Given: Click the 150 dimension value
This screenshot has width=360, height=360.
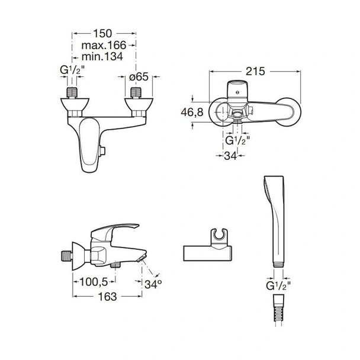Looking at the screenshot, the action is [102, 34].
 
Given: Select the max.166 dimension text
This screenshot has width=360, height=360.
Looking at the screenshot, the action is [104, 45].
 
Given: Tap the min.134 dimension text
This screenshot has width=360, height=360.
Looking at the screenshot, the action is [102, 56].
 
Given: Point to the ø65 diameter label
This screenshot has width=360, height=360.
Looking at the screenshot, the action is [139, 77].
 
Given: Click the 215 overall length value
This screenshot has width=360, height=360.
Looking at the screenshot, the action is [255, 72].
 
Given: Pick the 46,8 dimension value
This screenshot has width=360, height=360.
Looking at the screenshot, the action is [192, 112].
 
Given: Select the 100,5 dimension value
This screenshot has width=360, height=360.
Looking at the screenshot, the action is [94, 282].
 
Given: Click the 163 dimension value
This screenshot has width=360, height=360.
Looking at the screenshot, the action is [107, 297].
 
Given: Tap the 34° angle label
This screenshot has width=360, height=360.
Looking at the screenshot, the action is [153, 284].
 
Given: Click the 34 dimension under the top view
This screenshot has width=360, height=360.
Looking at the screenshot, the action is [230, 156].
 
